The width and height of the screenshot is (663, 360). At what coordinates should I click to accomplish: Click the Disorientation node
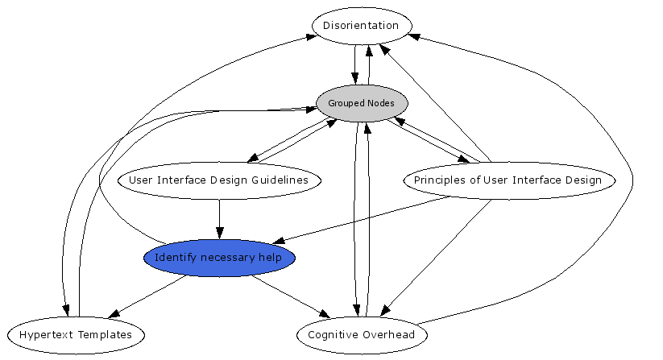362,26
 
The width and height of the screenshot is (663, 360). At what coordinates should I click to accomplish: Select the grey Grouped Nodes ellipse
362,104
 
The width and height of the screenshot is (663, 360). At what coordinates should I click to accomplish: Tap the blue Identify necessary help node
219,259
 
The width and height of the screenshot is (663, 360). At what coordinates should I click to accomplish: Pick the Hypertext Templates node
75,334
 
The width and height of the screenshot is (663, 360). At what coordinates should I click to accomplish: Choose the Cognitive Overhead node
362,335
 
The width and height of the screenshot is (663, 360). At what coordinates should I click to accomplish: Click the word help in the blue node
271,259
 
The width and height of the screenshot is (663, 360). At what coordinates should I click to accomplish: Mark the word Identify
172,259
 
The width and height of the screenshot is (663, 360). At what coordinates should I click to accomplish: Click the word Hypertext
47,334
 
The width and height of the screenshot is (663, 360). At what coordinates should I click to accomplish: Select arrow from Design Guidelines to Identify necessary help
220,217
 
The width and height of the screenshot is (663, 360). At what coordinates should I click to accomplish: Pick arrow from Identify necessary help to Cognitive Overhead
290,296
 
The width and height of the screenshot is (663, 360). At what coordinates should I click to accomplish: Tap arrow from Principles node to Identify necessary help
363,219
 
